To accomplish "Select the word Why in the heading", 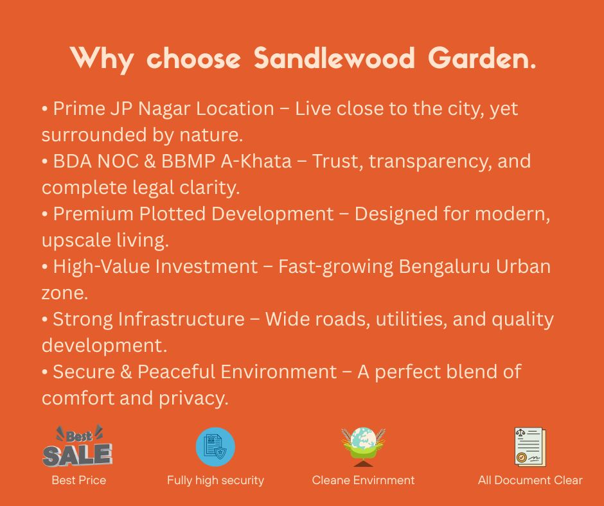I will click(102, 58).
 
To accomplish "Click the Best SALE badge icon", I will click(78, 447).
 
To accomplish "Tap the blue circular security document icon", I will click(215, 447).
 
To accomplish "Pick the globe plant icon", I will click(363, 447).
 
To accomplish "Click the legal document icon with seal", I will click(530, 447).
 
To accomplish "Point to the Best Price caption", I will click(78, 480).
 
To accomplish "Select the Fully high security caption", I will click(215, 480).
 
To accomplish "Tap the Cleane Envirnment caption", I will click(363, 480).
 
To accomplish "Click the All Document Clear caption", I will click(530, 480).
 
